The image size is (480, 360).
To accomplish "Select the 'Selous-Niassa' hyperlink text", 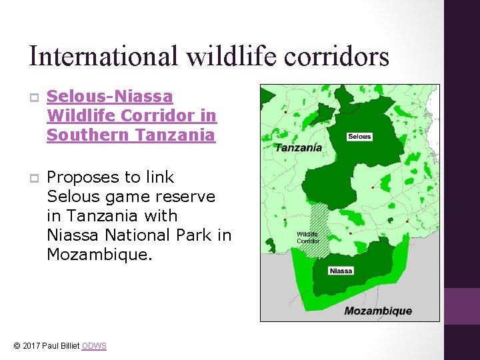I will coord(109,97).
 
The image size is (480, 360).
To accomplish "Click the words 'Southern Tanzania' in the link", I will coord(131,135).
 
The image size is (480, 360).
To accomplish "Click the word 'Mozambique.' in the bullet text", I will coord(99,254).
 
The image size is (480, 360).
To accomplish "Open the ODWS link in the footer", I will coord(94,346).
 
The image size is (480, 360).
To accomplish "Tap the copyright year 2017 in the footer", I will coord(31,346).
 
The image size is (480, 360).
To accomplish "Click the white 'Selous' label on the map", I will coord(359,137).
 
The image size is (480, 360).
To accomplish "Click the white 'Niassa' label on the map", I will coord(341,271).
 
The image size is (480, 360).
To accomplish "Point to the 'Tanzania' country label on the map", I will coord(299,147).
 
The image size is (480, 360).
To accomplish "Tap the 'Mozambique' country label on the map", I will coord(378,311).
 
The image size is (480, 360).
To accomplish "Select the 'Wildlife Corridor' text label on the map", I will coord(307,237).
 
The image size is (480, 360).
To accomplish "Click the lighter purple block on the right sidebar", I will coord(462,306).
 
